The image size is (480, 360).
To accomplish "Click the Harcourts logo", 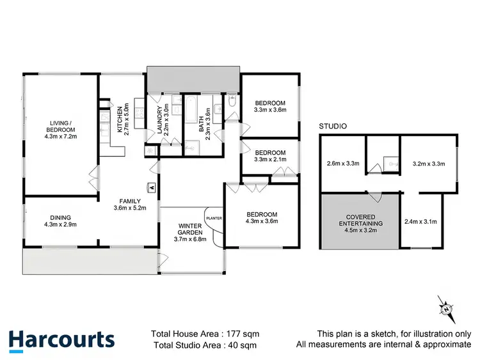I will point(61,339).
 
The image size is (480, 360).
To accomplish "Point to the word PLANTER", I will point(214,219).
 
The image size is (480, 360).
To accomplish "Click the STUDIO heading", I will point(333,127).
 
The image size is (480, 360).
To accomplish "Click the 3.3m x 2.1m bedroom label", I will point(269,157).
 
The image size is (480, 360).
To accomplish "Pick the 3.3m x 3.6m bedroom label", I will point(269,106).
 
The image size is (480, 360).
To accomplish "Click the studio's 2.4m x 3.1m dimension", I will point(420,223).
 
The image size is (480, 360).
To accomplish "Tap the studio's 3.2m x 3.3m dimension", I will point(428,164).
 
